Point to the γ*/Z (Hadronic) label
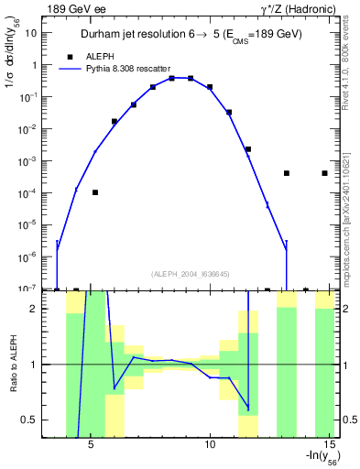(298, 9)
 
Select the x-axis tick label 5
(92, 446)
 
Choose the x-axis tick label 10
(210, 446)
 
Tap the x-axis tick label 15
(330, 446)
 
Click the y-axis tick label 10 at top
(30, 34)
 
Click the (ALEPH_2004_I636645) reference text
(190, 274)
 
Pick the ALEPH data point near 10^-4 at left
(95, 192)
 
